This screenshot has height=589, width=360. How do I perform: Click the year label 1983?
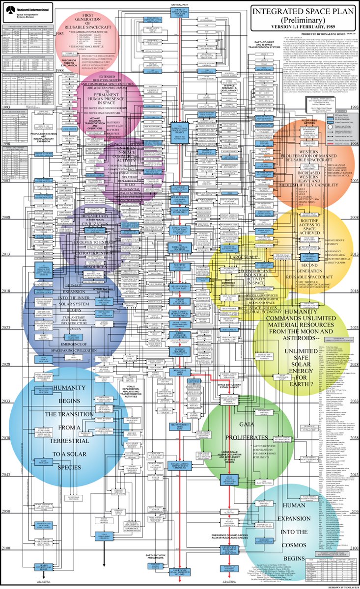[60, 34]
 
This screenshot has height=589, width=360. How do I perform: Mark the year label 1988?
[60, 71]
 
